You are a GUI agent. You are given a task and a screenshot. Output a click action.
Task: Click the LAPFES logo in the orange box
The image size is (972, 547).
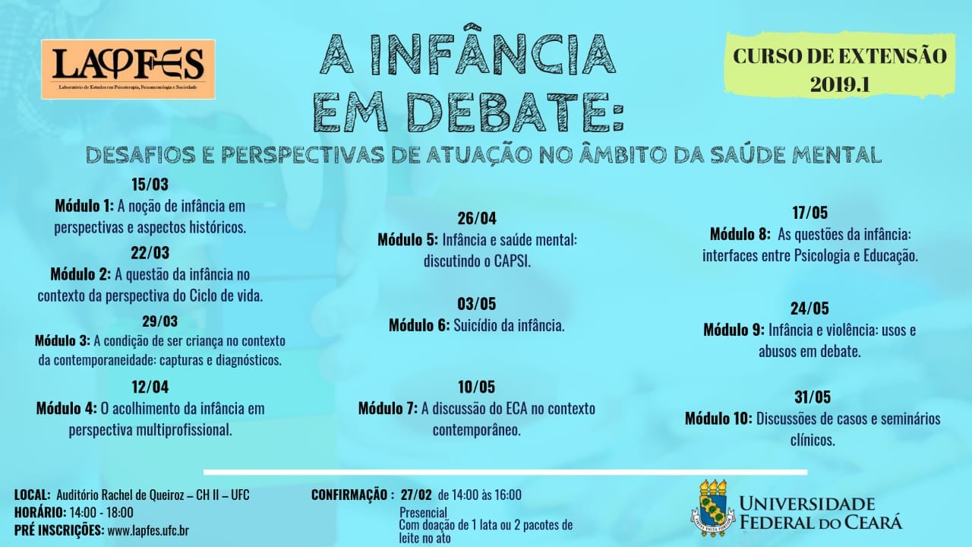coord(128,69)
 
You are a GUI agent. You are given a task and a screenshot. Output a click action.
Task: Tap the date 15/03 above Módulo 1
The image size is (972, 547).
coord(150,185)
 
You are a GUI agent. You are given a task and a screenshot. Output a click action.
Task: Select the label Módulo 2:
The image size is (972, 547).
coord(80,274)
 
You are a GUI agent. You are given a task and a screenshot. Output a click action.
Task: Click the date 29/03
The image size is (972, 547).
coord(160,321)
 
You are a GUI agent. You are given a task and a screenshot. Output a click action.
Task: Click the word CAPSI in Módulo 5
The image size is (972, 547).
coord(512,261)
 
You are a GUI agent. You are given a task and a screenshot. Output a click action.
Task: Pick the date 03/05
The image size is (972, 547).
coord(476,305)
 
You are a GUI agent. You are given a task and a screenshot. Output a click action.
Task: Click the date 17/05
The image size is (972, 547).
coord(809,213)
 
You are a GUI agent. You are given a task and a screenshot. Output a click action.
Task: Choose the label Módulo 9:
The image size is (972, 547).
coord(734,330)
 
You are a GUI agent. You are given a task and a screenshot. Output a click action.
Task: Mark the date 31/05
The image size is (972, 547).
coord(813,397)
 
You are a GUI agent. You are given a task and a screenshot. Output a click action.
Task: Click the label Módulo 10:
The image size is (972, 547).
coord(718,419)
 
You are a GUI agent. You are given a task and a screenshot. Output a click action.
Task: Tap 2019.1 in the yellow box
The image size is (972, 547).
coord(840,84)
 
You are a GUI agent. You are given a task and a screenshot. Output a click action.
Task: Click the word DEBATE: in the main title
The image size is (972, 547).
coord(516,112)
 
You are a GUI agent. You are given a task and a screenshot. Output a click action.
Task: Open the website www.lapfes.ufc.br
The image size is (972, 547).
coord(148,530)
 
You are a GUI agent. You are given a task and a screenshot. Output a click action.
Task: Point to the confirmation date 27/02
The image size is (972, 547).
coord(416,495)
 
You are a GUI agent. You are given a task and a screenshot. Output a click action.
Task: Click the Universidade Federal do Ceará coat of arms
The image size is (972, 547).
coord(712,508)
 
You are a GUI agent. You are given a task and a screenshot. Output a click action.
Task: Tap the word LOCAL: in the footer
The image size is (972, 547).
coord(33,495)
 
